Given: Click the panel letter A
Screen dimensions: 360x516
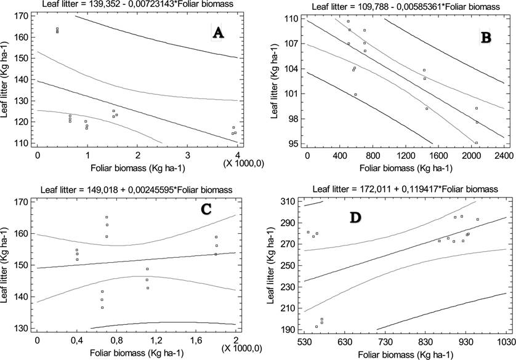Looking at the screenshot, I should click(217, 33).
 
